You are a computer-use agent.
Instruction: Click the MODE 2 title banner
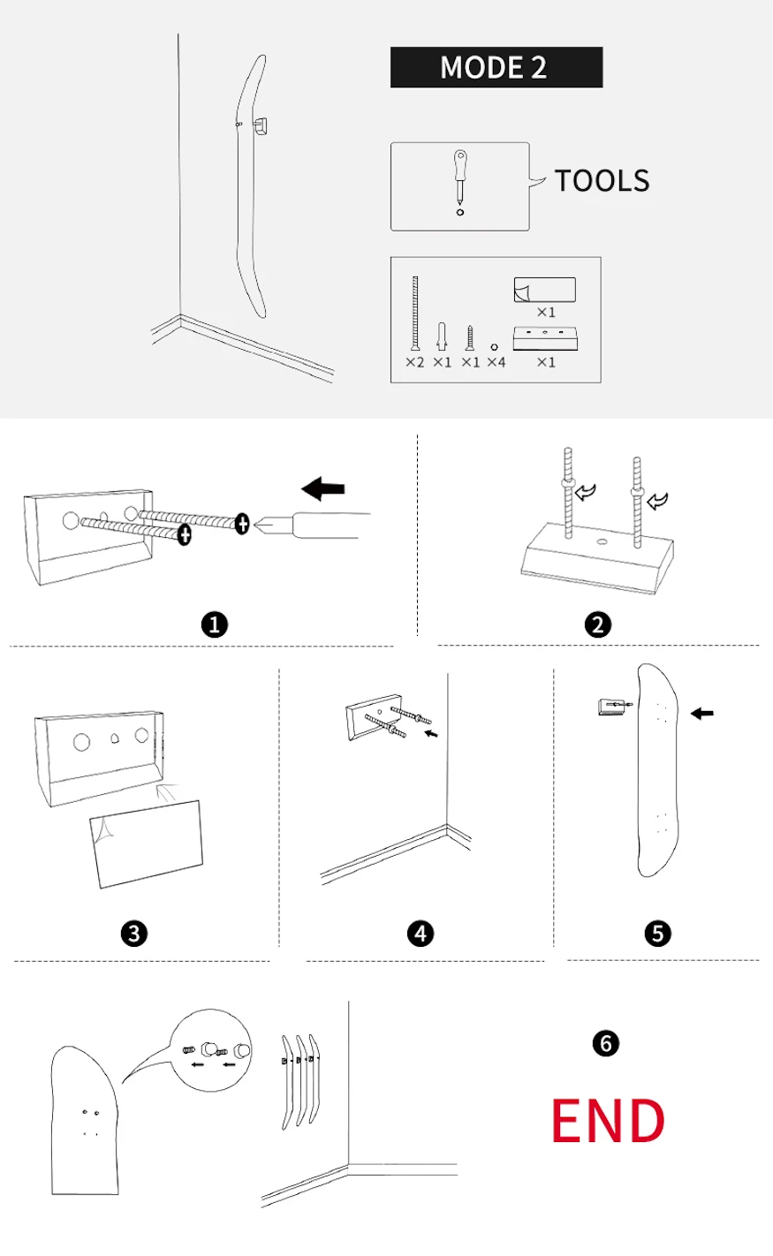click(496, 68)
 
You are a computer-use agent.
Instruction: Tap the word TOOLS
click(602, 180)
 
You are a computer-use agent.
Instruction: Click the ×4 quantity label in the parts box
click(496, 362)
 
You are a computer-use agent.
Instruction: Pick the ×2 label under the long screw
click(414, 362)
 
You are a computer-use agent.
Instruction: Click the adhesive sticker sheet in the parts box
click(544, 290)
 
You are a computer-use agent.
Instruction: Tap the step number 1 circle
click(215, 624)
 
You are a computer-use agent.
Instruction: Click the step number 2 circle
click(597, 624)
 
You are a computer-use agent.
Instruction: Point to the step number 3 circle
click(134, 933)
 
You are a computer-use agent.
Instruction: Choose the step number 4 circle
click(421, 933)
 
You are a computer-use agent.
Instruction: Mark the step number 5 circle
click(657, 933)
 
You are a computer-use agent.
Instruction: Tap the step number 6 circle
click(605, 1042)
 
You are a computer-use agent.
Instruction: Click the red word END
click(608, 1121)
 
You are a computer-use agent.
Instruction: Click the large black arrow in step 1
click(323, 488)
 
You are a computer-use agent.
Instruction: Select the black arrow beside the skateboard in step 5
click(702, 713)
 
